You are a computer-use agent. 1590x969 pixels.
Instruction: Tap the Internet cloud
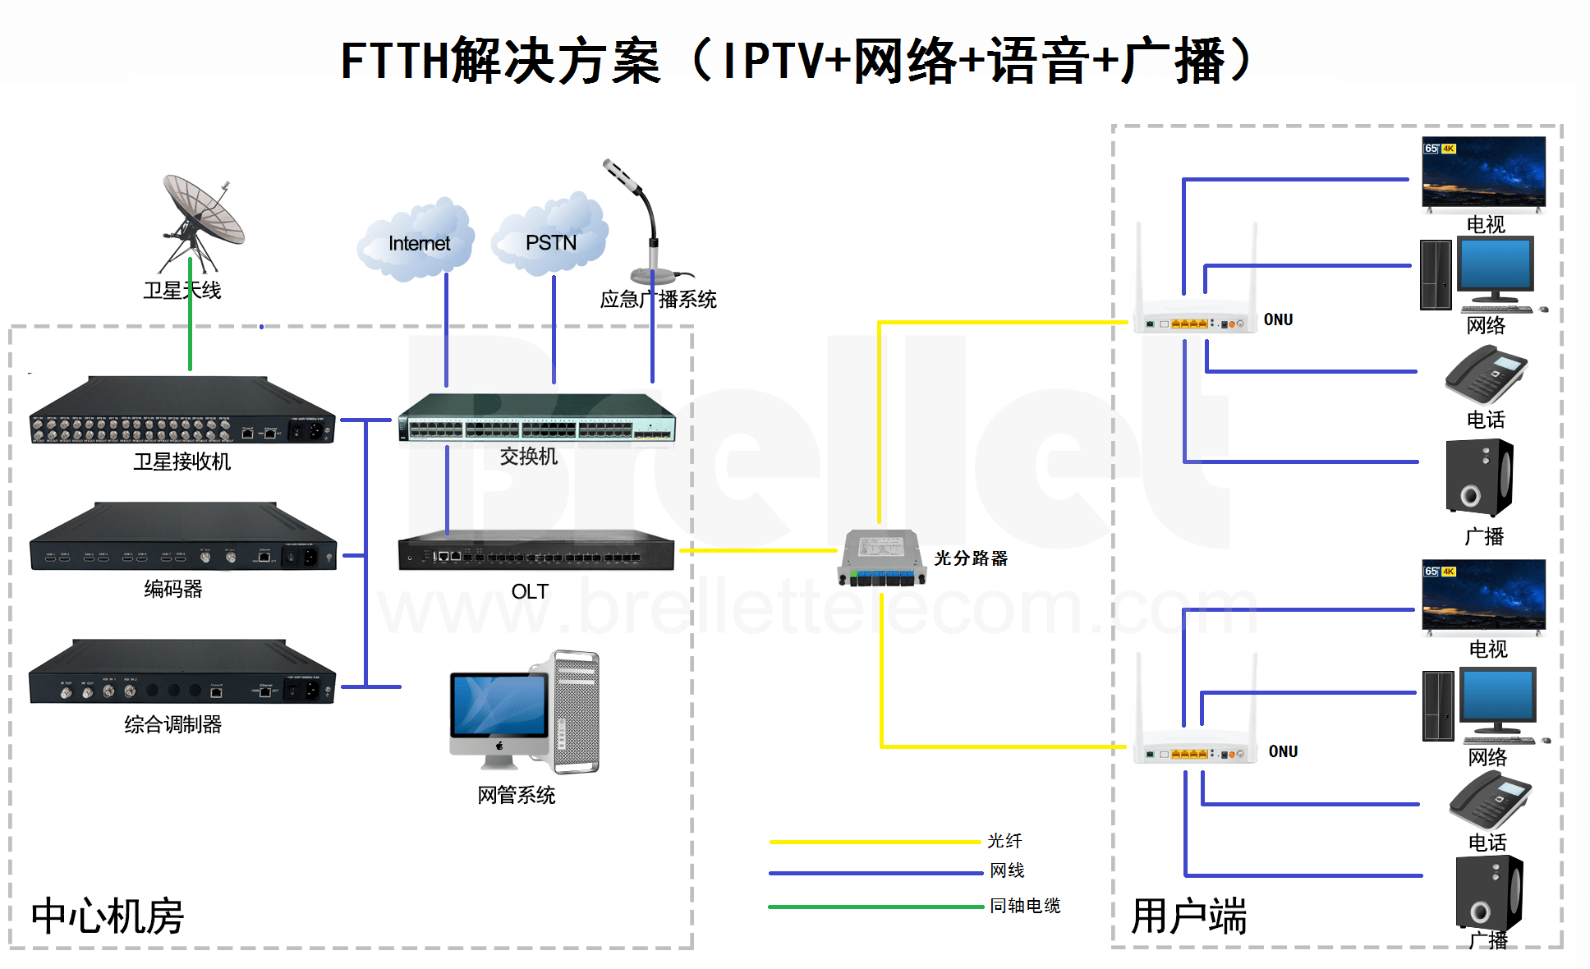(418, 241)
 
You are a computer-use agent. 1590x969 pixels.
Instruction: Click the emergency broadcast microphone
(645, 222)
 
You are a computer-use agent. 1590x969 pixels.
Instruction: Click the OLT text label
(530, 592)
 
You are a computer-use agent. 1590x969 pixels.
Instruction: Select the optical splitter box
(881, 558)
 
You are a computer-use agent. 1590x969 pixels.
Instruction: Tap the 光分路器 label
(971, 558)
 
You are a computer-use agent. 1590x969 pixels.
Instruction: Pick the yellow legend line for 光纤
(875, 842)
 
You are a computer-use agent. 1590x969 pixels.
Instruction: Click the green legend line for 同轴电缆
(875, 907)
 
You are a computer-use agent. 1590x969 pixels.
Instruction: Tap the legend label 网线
(1007, 870)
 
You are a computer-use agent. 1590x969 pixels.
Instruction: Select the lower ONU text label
(1283, 751)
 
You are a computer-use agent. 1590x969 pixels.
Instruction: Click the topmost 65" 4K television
(1483, 172)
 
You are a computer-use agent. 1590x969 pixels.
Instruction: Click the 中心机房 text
(108, 916)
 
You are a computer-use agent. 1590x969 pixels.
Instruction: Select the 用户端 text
(1188, 916)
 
